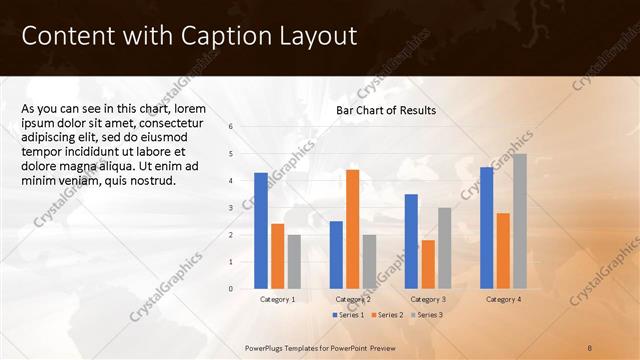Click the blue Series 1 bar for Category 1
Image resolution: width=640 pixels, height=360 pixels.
[x=261, y=231]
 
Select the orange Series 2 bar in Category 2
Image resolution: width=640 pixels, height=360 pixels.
[x=352, y=229]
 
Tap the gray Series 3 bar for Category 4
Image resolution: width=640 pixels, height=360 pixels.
[x=519, y=221]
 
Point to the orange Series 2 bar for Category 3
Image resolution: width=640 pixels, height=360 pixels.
[x=428, y=264]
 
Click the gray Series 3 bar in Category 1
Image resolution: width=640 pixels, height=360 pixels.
[x=293, y=261]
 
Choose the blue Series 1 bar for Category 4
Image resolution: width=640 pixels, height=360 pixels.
[x=487, y=228]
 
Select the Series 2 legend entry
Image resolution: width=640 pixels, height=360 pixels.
[x=385, y=315]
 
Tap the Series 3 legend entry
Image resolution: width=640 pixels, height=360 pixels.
[x=424, y=315]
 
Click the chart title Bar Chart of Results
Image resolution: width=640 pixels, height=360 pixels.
[x=385, y=111]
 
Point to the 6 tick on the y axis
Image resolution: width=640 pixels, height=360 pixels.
[x=231, y=127]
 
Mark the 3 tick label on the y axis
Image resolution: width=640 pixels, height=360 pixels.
[x=231, y=208]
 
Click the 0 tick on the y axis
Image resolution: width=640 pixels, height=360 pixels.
[x=231, y=289]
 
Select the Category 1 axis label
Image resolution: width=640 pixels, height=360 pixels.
[x=277, y=299]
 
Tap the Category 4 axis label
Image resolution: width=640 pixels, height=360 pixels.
[x=503, y=299]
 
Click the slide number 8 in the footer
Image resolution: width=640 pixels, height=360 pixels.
[x=590, y=346]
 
